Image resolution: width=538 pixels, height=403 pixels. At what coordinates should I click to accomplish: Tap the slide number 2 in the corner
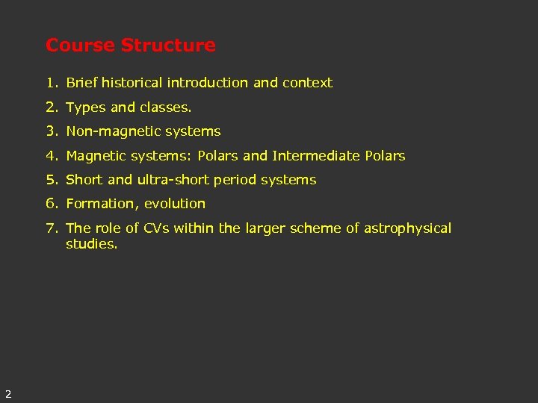pyautogui.click(x=7, y=393)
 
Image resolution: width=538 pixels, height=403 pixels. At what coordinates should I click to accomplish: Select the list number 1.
pyautogui.click(x=50, y=83)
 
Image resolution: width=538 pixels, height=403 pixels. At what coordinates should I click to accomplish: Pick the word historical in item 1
pyautogui.click(x=132, y=83)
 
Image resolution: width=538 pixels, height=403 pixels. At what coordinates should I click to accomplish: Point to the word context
pyautogui.click(x=307, y=83)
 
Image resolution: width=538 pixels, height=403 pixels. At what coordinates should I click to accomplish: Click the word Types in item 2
pyautogui.click(x=86, y=107)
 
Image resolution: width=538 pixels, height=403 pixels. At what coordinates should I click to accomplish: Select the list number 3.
pyautogui.click(x=50, y=131)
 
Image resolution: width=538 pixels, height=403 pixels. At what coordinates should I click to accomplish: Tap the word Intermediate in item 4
pyautogui.click(x=316, y=156)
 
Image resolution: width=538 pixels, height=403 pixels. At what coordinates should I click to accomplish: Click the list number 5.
pyautogui.click(x=50, y=180)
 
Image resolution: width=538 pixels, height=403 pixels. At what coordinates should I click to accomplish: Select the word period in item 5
pyautogui.click(x=236, y=180)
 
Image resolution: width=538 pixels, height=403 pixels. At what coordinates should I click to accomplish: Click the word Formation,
pyautogui.click(x=102, y=204)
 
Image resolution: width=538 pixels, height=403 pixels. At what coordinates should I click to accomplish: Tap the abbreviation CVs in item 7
pyautogui.click(x=153, y=228)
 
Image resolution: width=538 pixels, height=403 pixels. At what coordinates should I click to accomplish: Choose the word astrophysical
pyautogui.click(x=408, y=228)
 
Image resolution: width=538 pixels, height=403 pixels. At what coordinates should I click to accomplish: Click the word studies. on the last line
pyautogui.click(x=92, y=244)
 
